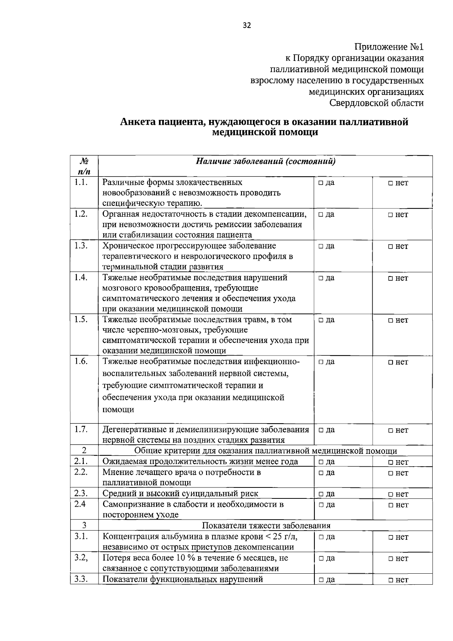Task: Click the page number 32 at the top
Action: click(x=247, y=25)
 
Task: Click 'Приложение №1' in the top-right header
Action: click(x=389, y=47)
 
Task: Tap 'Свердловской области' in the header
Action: click(x=376, y=103)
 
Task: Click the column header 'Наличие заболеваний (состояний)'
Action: click(x=265, y=162)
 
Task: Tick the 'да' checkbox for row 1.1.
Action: click(x=320, y=183)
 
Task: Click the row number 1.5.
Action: click(x=81, y=319)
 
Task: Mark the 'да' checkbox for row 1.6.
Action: click(x=320, y=362)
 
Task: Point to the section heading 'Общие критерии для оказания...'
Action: click(x=265, y=451)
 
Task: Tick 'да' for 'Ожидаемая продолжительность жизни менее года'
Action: click(x=320, y=462)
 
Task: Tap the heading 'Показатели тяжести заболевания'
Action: click(x=266, y=526)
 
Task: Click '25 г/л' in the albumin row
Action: click(x=285, y=537)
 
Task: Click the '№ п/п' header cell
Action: click(x=84, y=166)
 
